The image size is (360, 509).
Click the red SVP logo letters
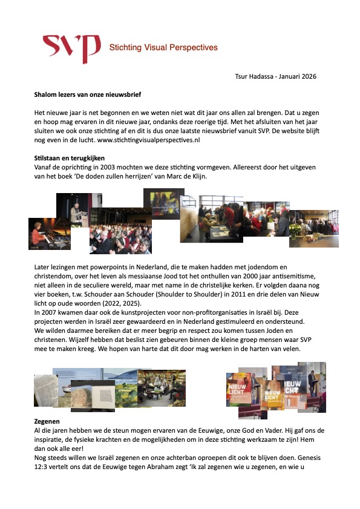[71, 48]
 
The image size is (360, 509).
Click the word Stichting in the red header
[125, 47]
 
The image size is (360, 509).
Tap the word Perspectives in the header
[192, 47]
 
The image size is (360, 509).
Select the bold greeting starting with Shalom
[88, 94]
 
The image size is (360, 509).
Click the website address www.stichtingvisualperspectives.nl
[148, 140]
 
